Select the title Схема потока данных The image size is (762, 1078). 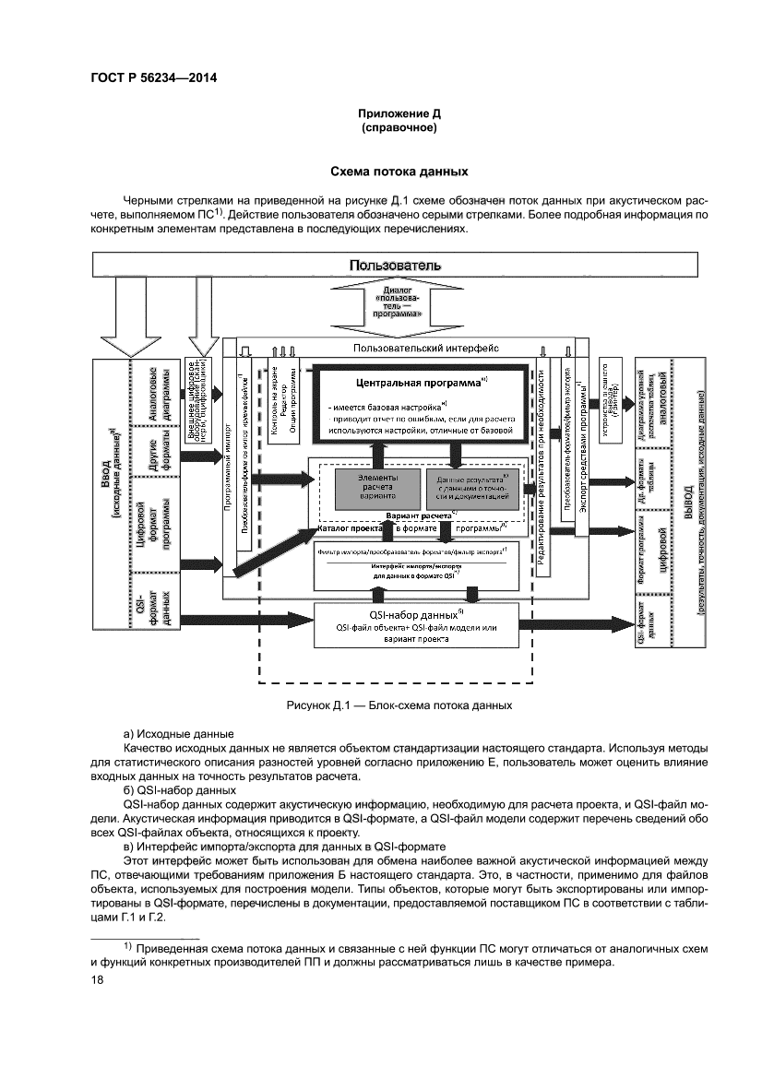(399, 172)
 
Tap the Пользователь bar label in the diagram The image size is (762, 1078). (395, 266)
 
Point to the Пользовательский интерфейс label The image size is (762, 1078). (426, 348)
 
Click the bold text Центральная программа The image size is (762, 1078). (418, 382)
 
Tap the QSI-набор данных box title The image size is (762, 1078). (419, 614)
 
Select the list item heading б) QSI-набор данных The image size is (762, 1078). (180, 790)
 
